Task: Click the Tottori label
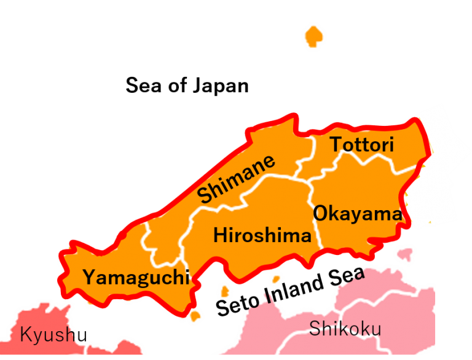point(361,145)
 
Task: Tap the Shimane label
point(237,179)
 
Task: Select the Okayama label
point(357,214)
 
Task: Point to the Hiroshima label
point(262,235)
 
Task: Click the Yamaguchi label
point(135,277)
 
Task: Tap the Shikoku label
point(345,328)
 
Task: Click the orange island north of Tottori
point(315,36)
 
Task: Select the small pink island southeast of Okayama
point(404,252)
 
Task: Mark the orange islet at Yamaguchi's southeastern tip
point(195,316)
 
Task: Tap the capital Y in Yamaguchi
point(89,277)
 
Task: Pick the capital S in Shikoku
point(315,328)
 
